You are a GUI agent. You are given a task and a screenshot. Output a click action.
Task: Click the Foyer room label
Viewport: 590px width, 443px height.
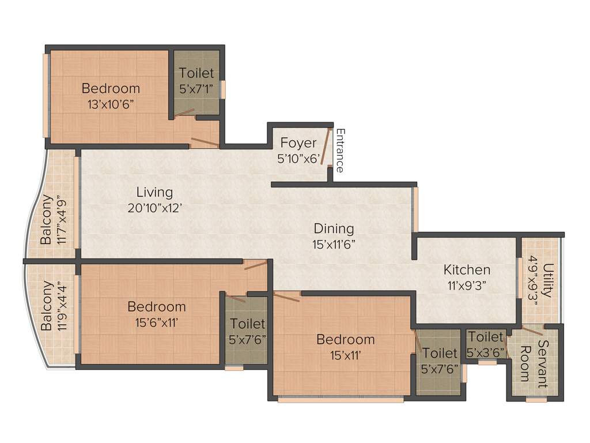(x=298, y=142)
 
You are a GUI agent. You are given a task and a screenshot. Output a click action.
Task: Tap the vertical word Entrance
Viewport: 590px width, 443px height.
(x=340, y=151)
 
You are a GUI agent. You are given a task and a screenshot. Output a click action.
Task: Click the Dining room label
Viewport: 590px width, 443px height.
(x=334, y=228)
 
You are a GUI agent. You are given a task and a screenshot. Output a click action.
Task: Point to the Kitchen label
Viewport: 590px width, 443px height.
(x=467, y=269)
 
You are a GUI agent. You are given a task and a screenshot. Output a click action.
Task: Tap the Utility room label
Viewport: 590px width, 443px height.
(x=547, y=280)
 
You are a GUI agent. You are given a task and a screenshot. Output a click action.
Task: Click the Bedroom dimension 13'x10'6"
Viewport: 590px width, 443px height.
(x=111, y=104)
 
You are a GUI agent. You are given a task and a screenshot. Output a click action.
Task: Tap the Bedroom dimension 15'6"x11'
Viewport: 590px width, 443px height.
(x=157, y=322)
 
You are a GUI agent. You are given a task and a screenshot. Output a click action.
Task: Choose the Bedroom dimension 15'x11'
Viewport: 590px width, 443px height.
(x=345, y=355)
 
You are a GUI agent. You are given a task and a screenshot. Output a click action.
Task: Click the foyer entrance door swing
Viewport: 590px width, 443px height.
(x=325, y=147)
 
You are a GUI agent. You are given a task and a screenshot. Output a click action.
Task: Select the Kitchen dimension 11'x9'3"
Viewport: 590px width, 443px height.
(x=467, y=285)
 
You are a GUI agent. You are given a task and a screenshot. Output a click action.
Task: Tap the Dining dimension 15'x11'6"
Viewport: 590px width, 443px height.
(x=334, y=244)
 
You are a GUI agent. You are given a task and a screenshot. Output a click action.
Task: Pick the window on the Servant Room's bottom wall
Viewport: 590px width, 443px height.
(x=536, y=399)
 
